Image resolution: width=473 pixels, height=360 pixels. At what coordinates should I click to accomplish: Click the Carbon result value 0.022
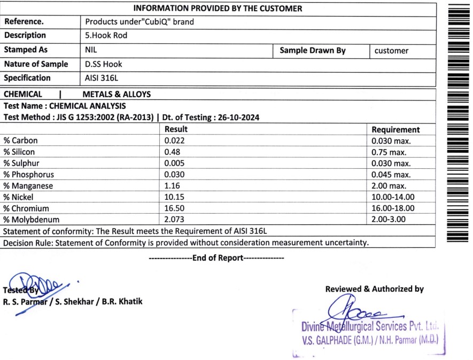pos(175,140)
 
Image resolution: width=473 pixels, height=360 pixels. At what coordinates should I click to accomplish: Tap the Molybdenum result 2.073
pos(175,220)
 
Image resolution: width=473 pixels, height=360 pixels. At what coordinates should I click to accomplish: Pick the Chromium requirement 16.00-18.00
pos(393,208)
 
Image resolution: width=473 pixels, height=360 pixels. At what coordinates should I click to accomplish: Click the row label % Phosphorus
pos(29,175)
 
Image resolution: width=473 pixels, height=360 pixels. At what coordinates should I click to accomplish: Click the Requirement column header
pos(396,129)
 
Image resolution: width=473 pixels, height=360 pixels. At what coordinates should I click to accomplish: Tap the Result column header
pos(176,129)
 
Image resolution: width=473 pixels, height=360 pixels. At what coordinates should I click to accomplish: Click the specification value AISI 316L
pos(102,78)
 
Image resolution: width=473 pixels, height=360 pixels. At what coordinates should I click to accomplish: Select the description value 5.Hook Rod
pos(106,36)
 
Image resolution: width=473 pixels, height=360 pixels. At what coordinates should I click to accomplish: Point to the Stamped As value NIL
pos(91,50)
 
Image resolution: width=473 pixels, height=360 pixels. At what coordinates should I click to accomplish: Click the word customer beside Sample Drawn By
pos(391,51)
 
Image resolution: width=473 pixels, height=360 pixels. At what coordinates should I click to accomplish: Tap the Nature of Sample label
pos(36,64)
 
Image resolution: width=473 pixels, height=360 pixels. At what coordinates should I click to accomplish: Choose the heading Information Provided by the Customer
pos(218,8)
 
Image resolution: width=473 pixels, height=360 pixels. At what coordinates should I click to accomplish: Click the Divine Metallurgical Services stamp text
pos(373,326)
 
